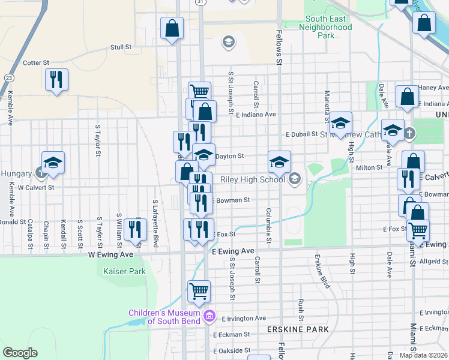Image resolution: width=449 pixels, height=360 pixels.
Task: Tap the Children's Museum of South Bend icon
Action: pos(209,316)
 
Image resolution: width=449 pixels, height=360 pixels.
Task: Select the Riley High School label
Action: pos(253,179)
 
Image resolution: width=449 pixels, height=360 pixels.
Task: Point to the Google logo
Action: pos(20,353)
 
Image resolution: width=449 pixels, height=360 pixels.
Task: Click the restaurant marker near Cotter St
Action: pos(56,80)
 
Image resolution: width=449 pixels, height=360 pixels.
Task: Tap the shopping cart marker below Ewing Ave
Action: pos(199,292)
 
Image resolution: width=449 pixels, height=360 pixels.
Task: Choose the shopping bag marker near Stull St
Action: pos(172,28)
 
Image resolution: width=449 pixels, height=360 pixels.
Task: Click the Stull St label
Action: pos(121,47)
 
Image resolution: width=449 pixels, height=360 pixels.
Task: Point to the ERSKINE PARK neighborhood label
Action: pos(298,329)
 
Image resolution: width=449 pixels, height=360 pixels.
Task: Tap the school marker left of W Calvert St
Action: pos(53,163)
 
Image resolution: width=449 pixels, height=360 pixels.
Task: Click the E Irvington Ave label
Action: pos(243,319)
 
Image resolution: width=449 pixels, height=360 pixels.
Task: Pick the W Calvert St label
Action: pos(36,187)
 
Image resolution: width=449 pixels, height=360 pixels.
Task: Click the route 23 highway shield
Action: pos(9,78)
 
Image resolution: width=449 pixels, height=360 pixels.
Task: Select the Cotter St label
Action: pos(35,62)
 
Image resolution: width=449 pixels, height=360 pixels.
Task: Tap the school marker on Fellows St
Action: pos(279,161)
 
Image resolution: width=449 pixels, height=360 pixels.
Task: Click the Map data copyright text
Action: pos(424,355)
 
